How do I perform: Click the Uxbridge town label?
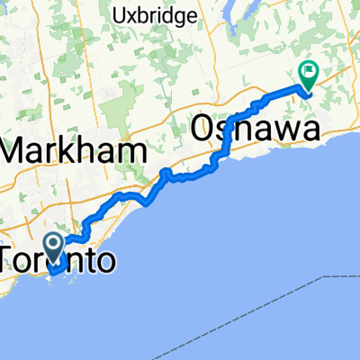[x=149, y=15]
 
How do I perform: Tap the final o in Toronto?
[x=104, y=262]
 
